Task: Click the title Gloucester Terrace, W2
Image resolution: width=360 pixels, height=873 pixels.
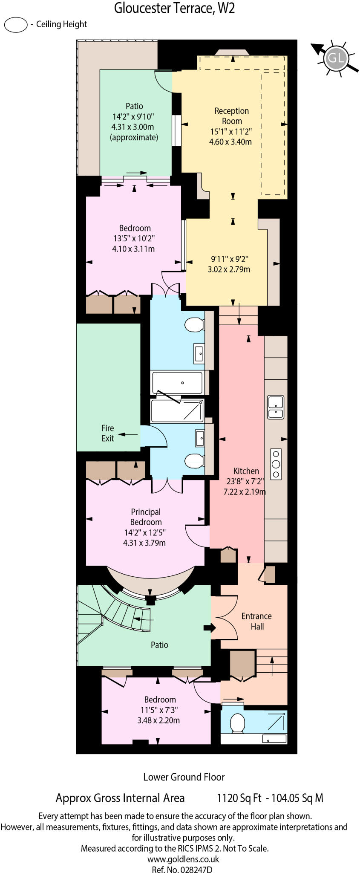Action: pos(174,8)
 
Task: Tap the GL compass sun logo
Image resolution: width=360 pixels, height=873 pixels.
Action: pos(335,58)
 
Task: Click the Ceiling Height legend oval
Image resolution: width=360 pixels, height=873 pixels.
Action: pos(16,25)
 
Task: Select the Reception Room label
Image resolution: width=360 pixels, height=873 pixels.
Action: pos(231,116)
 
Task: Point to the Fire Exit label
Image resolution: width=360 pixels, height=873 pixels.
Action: pos(107,433)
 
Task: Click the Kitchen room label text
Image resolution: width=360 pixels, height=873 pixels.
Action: pos(246,471)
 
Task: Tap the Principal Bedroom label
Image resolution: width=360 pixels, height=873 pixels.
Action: pos(146,517)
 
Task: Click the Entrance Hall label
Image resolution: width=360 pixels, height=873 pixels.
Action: pos(256,621)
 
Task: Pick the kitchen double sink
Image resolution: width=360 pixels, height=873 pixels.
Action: pos(276,407)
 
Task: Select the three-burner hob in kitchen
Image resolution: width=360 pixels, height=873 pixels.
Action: pos(276,464)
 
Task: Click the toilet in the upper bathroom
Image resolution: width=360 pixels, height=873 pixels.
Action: pos(195,325)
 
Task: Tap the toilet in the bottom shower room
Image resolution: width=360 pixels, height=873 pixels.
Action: pos(237,723)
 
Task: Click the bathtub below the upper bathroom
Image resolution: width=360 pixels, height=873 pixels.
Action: pos(178,383)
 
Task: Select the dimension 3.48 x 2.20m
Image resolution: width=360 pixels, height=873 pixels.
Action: pos(158,720)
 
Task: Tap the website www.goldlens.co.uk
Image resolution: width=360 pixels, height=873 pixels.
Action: pos(183,859)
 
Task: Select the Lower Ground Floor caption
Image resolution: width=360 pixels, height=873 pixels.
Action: pos(184,777)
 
